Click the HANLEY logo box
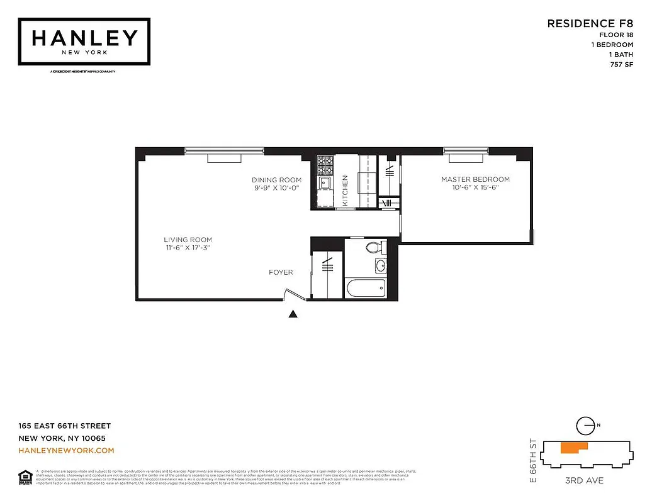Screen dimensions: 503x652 point(84,41)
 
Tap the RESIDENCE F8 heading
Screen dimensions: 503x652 point(590,24)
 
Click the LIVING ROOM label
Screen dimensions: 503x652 point(188,240)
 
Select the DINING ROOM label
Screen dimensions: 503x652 point(277,180)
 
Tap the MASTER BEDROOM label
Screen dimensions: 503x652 point(475,179)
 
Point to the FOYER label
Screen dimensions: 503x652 point(281,272)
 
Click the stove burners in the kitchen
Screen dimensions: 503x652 point(325,165)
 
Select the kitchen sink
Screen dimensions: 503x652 point(325,183)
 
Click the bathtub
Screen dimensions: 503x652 point(366,289)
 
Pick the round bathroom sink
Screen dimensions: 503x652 point(381,266)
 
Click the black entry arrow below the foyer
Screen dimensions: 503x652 point(293,314)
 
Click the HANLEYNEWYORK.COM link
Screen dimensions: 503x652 point(67,450)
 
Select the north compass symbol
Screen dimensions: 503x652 point(587,426)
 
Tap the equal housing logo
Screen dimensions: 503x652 point(25,476)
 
